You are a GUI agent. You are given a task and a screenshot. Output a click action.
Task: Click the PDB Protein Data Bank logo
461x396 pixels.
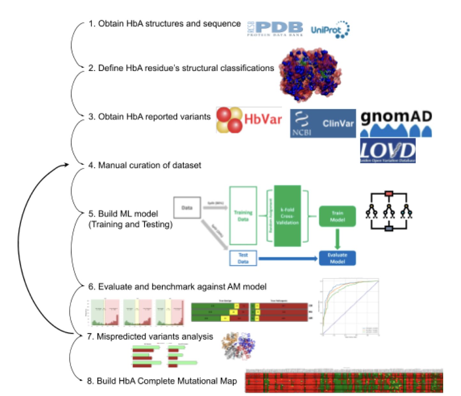click(275, 29)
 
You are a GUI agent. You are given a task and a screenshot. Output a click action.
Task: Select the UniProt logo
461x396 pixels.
click(330, 30)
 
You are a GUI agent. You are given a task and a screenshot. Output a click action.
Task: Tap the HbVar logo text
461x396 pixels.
click(263, 119)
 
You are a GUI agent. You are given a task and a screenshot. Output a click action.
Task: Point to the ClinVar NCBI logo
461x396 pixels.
click(323, 123)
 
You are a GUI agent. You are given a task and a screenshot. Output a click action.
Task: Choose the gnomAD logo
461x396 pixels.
click(396, 123)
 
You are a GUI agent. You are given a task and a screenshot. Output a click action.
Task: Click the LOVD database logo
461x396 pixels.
click(388, 151)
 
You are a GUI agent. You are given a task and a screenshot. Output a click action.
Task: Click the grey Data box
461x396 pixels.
click(187, 208)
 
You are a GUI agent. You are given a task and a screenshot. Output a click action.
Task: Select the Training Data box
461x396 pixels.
click(243, 216)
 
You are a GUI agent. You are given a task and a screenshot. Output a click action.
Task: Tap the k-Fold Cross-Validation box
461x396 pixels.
click(287, 216)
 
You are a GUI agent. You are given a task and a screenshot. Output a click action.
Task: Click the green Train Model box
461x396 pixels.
click(337, 217)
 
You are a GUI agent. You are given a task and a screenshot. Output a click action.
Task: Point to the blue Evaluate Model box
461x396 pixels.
click(337, 258)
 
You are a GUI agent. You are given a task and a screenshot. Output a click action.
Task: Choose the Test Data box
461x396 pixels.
click(243, 258)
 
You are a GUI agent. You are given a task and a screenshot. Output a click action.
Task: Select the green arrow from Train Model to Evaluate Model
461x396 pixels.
click(337, 239)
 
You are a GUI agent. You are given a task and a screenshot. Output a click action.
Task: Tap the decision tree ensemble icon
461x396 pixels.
click(389, 211)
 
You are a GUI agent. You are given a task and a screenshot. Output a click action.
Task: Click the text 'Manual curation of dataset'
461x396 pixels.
click(149, 165)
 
